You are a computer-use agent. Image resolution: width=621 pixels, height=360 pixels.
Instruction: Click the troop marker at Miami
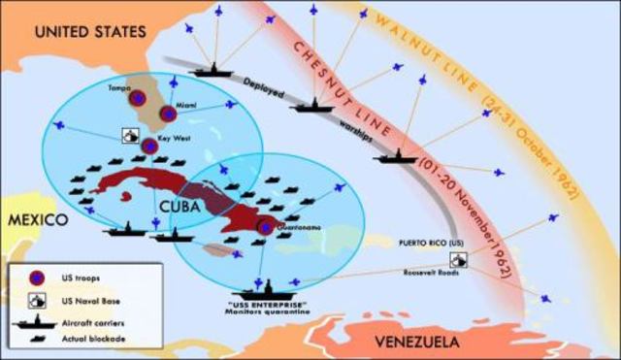[x=168, y=115]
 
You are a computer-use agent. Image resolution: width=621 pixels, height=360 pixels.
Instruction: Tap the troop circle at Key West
[x=148, y=146]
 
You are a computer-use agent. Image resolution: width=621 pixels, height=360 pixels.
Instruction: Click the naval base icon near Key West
[x=128, y=135]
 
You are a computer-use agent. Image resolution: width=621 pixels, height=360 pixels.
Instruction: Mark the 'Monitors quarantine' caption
[x=269, y=310]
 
